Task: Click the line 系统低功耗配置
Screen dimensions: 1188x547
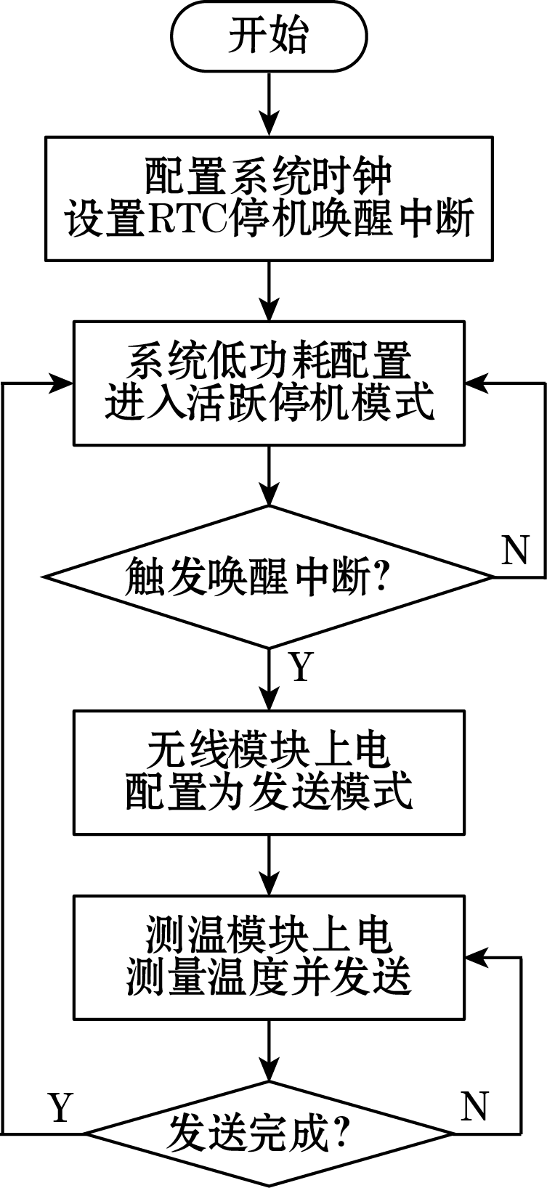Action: (x=269, y=361)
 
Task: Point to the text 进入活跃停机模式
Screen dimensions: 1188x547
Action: (x=269, y=403)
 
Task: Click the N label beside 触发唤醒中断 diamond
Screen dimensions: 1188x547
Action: (x=515, y=551)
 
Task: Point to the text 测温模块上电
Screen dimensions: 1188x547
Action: (x=269, y=937)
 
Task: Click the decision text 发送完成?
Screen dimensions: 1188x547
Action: (x=258, y=1134)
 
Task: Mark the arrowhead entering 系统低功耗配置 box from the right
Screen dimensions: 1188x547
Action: (x=475, y=383)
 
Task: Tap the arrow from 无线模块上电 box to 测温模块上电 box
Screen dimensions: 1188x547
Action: (x=270, y=865)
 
